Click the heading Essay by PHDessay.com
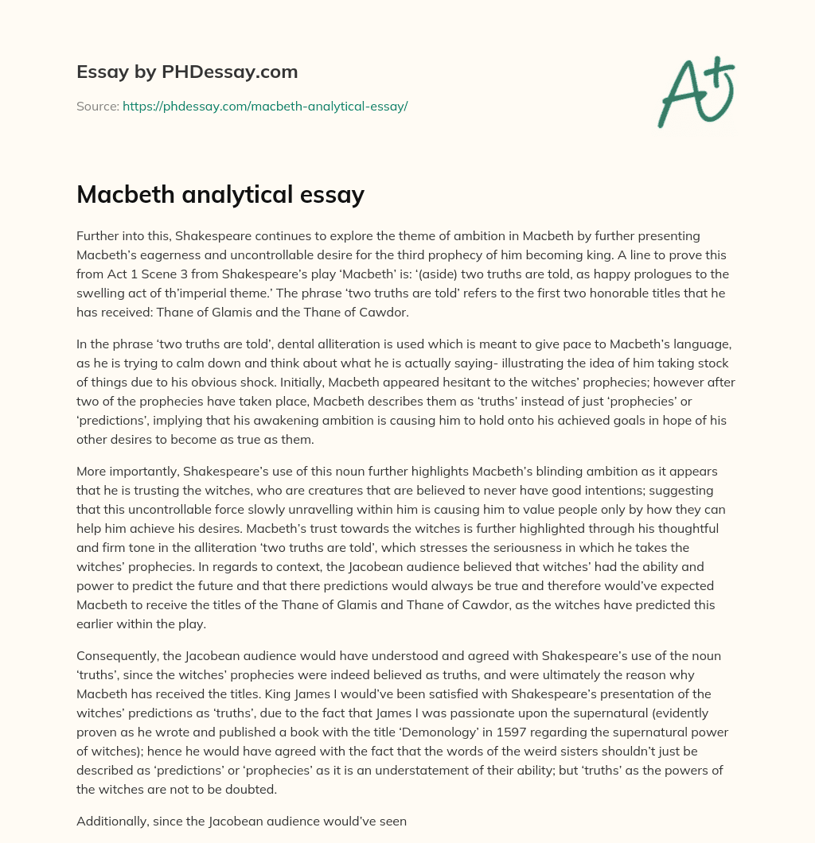187,72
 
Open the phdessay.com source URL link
265,106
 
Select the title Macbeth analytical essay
220,195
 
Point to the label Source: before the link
97,106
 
